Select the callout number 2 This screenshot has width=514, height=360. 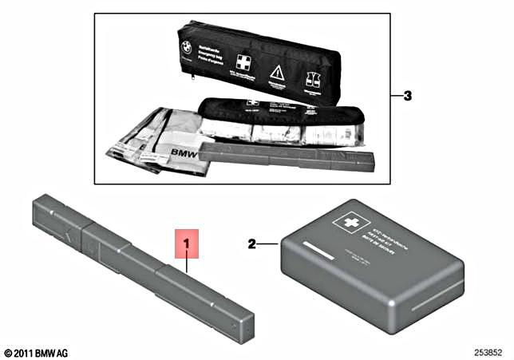click(251, 244)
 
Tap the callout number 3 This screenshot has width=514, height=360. click(407, 96)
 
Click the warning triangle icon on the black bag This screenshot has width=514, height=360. click(278, 73)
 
